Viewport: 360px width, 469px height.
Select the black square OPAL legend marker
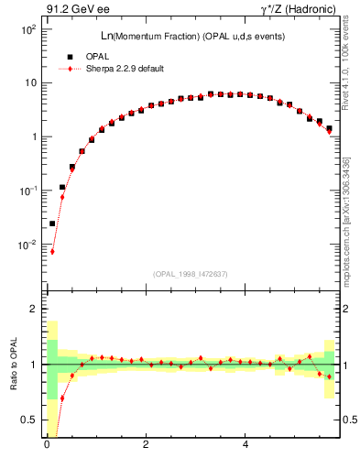click(x=69, y=57)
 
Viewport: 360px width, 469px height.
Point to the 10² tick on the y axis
click(x=27, y=29)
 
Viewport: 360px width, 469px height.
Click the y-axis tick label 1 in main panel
click(x=33, y=137)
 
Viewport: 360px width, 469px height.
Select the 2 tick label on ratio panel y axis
click(x=33, y=310)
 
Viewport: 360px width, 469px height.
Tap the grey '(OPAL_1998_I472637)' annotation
click(x=191, y=273)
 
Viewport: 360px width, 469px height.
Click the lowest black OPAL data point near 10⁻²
click(x=52, y=224)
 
